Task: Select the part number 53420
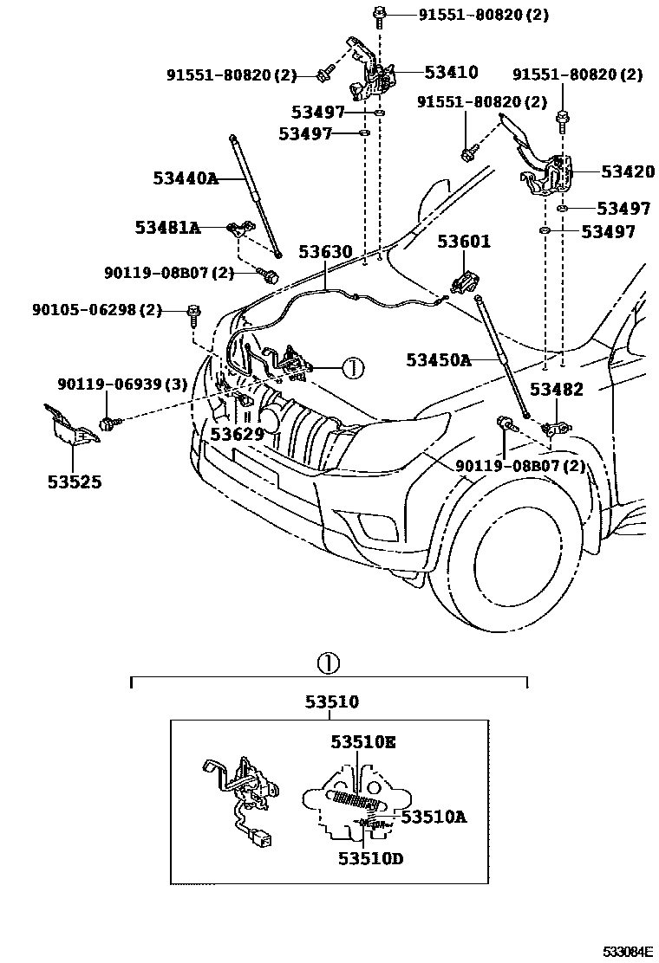[627, 172]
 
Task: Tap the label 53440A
[186, 179]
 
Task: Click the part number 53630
[325, 252]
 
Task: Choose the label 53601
[463, 242]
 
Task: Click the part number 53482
[557, 390]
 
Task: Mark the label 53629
[237, 433]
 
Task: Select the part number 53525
[74, 481]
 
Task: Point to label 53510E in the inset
[362, 742]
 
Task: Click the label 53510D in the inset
[371, 858]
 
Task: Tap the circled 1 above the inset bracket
[327, 664]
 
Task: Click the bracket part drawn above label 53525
[69, 427]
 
